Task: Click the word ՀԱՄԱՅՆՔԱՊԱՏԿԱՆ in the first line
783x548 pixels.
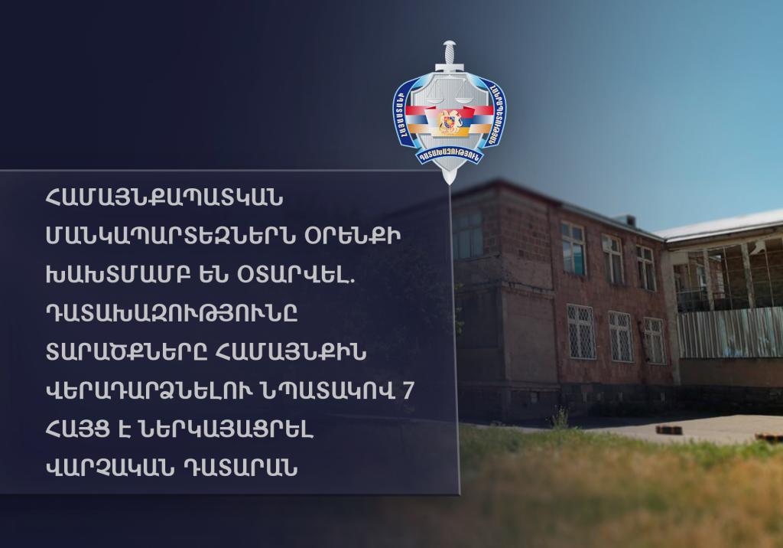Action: (x=164, y=198)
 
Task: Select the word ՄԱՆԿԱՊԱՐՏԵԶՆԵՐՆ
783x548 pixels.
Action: (x=170, y=237)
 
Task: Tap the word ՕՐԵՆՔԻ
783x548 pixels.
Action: (x=353, y=237)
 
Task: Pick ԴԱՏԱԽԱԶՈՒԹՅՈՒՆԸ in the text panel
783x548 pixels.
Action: (x=171, y=314)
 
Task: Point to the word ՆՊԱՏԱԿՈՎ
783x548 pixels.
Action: (x=327, y=391)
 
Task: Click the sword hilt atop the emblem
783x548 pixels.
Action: (x=450, y=56)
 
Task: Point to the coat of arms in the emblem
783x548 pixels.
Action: (x=448, y=122)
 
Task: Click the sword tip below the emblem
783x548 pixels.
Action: (x=450, y=178)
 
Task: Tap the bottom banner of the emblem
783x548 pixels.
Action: (x=450, y=156)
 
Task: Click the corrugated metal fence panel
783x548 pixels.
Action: (x=729, y=332)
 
